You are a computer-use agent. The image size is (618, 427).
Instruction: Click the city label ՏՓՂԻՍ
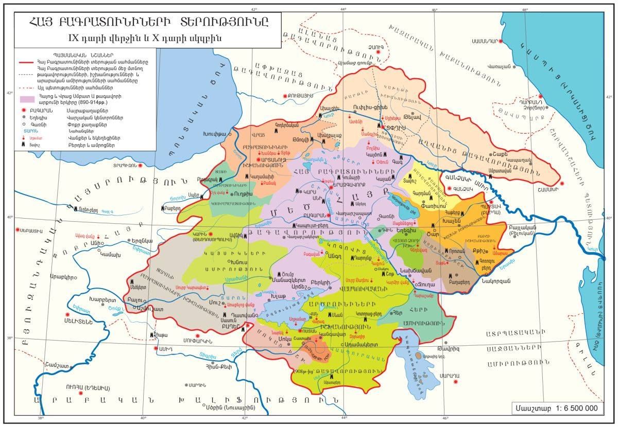(x=393, y=126)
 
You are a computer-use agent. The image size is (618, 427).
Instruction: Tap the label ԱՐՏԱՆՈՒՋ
(x=272, y=160)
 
